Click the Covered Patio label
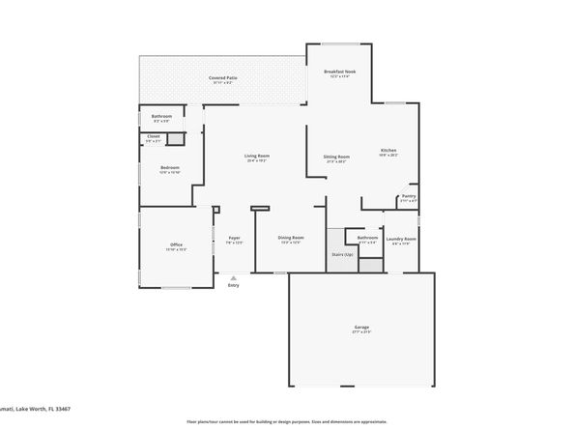[x=223, y=77]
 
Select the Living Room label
[x=256, y=156]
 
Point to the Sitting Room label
[x=336, y=157]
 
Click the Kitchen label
[x=388, y=150]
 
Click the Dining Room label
[x=291, y=238]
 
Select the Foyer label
[x=234, y=238]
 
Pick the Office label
[x=177, y=244]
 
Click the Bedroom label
[x=169, y=167]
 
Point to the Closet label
[x=154, y=136]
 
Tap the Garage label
[x=361, y=328]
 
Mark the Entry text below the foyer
[x=233, y=285]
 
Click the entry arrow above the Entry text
[x=233, y=276]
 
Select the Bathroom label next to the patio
[x=161, y=116]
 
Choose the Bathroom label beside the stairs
[x=367, y=238]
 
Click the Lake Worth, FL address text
[x=39, y=408]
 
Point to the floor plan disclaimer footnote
[x=287, y=421]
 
